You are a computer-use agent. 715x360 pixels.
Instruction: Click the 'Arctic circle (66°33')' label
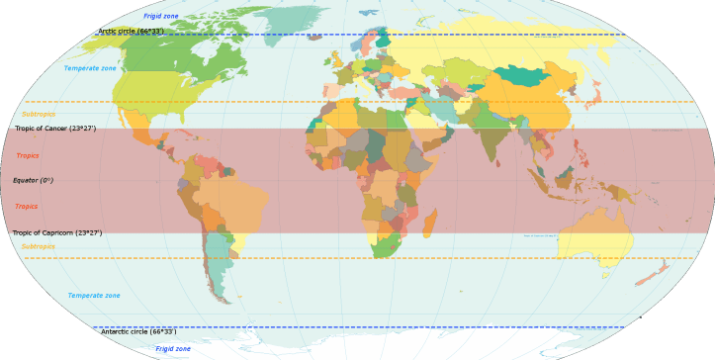pyautogui.click(x=131, y=32)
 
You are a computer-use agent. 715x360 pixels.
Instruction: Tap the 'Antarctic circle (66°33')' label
pyautogui.click(x=138, y=332)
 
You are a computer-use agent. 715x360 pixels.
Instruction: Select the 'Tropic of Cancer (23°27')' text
pyautogui.click(x=55, y=129)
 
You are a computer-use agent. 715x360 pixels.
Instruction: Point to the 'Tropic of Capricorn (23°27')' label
pyautogui.click(x=56, y=233)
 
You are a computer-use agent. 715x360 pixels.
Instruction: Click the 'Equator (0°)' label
pyautogui.click(x=33, y=181)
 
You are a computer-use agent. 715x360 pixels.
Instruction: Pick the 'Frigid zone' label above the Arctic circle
pyautogui.click(x=161, y=17)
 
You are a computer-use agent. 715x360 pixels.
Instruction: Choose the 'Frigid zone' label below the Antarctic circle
pyautogui.click(x=173, y=349)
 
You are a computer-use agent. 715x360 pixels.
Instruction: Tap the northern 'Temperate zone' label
pyautogui.click(x=90, y=69)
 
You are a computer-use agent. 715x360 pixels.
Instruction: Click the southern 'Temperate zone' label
pyautogui.click(x=94, y=296)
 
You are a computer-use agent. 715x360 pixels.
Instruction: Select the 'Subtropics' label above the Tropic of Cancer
pyautogui.click(x=39, y=115)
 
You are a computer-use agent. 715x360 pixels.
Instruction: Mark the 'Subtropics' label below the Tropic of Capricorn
pyautogui.click(x=39, y=246)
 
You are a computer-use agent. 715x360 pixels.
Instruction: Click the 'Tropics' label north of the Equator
pyautogui.click(x=27, y=156)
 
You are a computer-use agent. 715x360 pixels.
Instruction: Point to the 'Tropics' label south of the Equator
pyautogui.click(x=27, y=207)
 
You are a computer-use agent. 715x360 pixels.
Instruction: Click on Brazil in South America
pyautogui.click(x=233, y=203)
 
